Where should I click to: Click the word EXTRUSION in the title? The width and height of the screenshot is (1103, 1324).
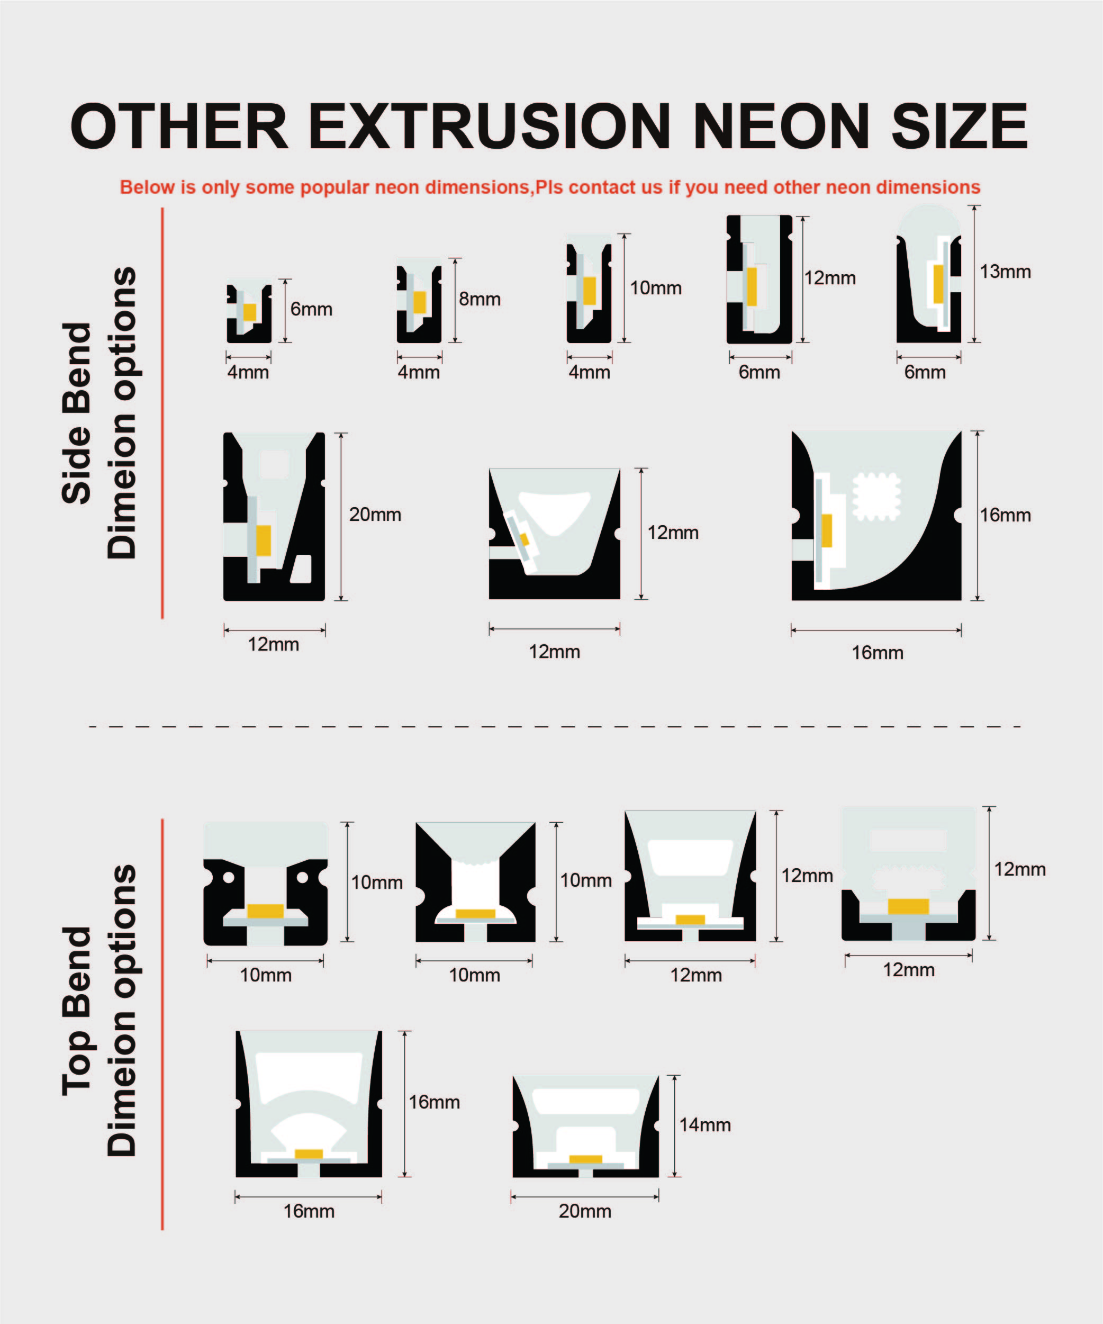click(489, 126)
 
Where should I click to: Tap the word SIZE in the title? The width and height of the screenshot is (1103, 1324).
click(959, 126)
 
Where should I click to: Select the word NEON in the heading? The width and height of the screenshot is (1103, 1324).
click(781, 126)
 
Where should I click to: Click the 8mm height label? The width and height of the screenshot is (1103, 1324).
click(480, 299)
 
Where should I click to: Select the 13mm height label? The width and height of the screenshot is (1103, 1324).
click(1005, 272)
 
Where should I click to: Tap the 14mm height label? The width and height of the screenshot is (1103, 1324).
click(704, 1125)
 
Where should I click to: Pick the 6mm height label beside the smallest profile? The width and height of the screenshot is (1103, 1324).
click(311, 309)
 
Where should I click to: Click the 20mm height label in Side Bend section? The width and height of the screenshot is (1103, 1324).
click(375, 515)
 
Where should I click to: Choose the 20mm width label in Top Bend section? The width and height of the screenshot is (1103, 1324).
click(585, 1211)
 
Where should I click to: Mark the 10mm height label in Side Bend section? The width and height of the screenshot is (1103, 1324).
click(655, 288)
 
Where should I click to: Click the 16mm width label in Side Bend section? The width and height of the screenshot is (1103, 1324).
click(878, 653)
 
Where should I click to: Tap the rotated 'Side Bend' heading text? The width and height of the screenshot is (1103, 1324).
click(77, 413)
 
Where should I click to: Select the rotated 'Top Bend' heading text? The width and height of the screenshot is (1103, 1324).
click(77, 1011)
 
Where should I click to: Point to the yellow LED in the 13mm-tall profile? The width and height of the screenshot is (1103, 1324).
click(938, 284)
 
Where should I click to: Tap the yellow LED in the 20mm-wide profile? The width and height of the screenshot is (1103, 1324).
click(585, 1159)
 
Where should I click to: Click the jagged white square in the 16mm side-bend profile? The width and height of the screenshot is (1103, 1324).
click(876, 497)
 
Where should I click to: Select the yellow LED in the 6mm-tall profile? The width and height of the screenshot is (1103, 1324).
click(250, 312)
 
